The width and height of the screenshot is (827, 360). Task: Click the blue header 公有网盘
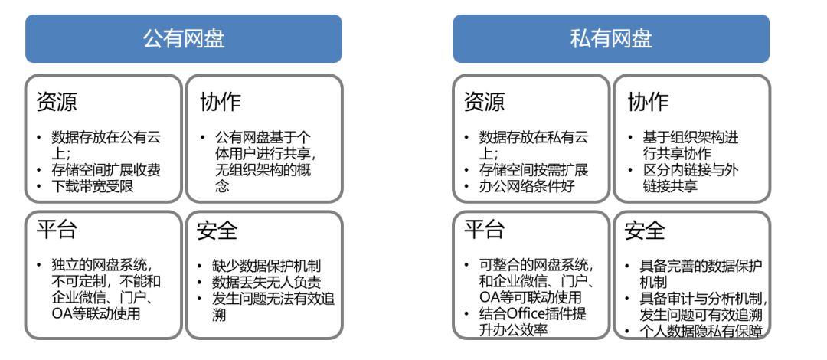(183, 39)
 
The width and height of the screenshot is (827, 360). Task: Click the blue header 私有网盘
(611, 39)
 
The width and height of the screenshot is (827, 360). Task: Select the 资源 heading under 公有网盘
(57, 102)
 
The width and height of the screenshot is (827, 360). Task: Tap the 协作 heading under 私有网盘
(648, 102)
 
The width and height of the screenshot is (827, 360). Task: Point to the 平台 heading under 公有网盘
(57, 230)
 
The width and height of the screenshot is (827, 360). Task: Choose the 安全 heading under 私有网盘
(645, 230)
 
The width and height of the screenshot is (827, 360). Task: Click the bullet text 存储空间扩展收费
(106, 170)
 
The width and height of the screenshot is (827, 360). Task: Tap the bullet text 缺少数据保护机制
(266, 266)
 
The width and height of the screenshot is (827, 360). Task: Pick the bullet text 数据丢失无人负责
(266, 282)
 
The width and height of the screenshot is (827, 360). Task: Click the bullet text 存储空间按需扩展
(534, 170)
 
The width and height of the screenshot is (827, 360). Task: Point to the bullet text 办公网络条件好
(527, 186)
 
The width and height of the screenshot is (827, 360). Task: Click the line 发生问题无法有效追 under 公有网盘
(274, 298)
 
